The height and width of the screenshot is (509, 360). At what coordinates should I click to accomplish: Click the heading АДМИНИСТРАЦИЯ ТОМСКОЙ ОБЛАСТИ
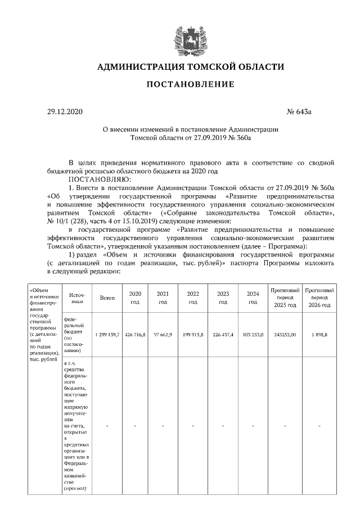click(x=191, y=67)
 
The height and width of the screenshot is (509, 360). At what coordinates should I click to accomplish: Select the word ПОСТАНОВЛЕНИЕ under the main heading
click(x=191, y=84)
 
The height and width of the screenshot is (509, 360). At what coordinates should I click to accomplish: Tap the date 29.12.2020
click(x=65, y=112)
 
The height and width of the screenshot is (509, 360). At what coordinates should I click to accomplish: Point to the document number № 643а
click(x=299, y=112)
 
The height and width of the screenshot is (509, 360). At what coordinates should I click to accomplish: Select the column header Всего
click(x=107, y=298)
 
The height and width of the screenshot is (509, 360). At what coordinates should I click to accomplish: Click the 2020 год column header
click(x=135, y=298)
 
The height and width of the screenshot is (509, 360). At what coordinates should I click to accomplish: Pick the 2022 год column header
click(x=193, y=298)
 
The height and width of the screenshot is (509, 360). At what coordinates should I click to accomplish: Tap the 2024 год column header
click(x=253, y=298)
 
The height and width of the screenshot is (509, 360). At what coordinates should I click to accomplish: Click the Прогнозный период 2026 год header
click(x=319, y=298)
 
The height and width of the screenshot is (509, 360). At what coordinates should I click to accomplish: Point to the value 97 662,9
click(x=163, y=334)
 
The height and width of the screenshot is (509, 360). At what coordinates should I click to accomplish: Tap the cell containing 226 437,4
click(x=223, y=334)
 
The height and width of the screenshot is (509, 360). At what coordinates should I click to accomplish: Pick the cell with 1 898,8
click(x=319, y=334)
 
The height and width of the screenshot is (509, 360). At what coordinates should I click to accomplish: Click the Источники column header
click(x=77, y=298)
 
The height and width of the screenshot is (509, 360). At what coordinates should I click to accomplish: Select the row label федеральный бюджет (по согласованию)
click(x=75, y=334)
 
